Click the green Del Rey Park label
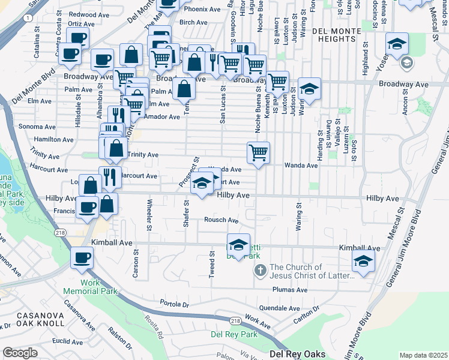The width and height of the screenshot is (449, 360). [234, 334]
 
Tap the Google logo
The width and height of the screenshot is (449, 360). [20, 353]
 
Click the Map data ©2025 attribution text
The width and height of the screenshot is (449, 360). [423, 355]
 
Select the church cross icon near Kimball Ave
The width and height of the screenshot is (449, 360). [261, 269]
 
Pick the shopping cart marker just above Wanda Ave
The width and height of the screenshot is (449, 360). [258, 152]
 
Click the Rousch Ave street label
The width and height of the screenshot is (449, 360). [222, 220]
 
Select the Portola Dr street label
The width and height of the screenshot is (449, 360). [175, 303]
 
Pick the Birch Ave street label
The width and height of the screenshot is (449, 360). [193, 22]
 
